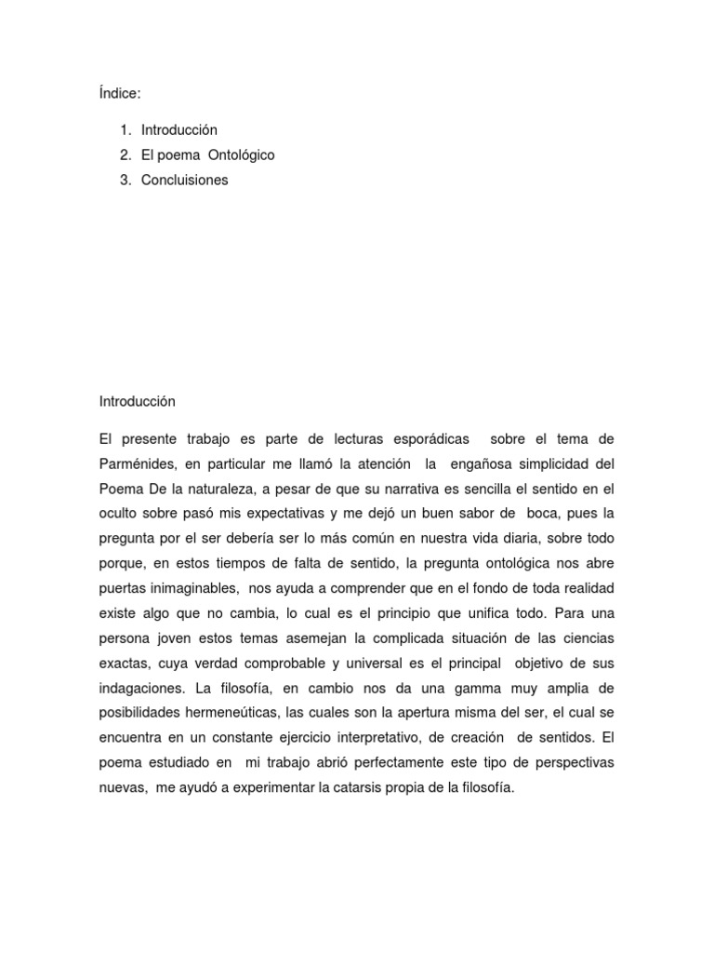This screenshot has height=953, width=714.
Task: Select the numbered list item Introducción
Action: [x=179, y=129]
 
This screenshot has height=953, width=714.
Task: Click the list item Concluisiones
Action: [x=184, y=180]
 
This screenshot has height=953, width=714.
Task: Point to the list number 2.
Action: [x=125, y=154]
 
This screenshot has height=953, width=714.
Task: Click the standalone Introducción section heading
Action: [x=138, y=401]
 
